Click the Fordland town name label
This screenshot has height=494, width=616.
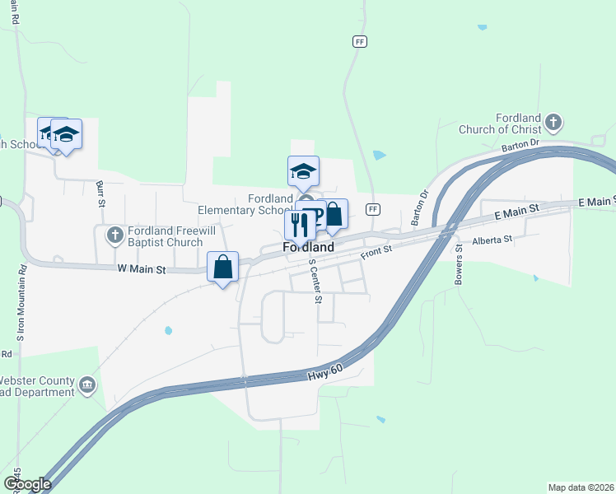point(309,246)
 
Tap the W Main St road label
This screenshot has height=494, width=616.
point(142,269)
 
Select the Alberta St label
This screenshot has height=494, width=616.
point(492,240)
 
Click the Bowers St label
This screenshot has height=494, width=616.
point(460,264)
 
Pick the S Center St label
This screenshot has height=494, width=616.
point(315,281)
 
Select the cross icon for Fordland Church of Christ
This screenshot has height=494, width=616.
point(553,123)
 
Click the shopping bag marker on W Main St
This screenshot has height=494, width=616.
point(222,267)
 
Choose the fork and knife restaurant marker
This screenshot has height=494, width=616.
point(299,224)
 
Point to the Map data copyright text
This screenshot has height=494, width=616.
point(581,487)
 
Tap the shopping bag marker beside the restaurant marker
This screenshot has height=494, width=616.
point(334,215)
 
